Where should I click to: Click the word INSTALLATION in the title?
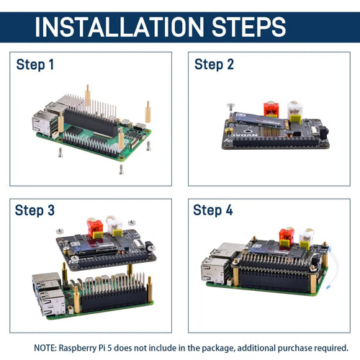(120, 27)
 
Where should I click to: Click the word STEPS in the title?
(249, 27)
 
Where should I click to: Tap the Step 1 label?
(35, 65)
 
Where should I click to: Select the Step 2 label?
(214, 65)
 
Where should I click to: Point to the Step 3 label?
(35, 210)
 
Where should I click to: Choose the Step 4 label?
(213, 210)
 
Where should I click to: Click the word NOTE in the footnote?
(45, 348)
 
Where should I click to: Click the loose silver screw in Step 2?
(231, 106)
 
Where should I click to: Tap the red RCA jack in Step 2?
(271, 109)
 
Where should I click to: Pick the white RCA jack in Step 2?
(295, 111)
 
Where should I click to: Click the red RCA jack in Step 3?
(95, 228)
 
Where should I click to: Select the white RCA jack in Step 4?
(306, 238)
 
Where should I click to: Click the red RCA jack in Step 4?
(287, 237)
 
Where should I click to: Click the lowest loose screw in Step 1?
(122, 169)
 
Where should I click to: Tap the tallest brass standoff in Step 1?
(88, 96)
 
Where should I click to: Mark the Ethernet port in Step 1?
(42, 125)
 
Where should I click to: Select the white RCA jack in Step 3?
(114, 226)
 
